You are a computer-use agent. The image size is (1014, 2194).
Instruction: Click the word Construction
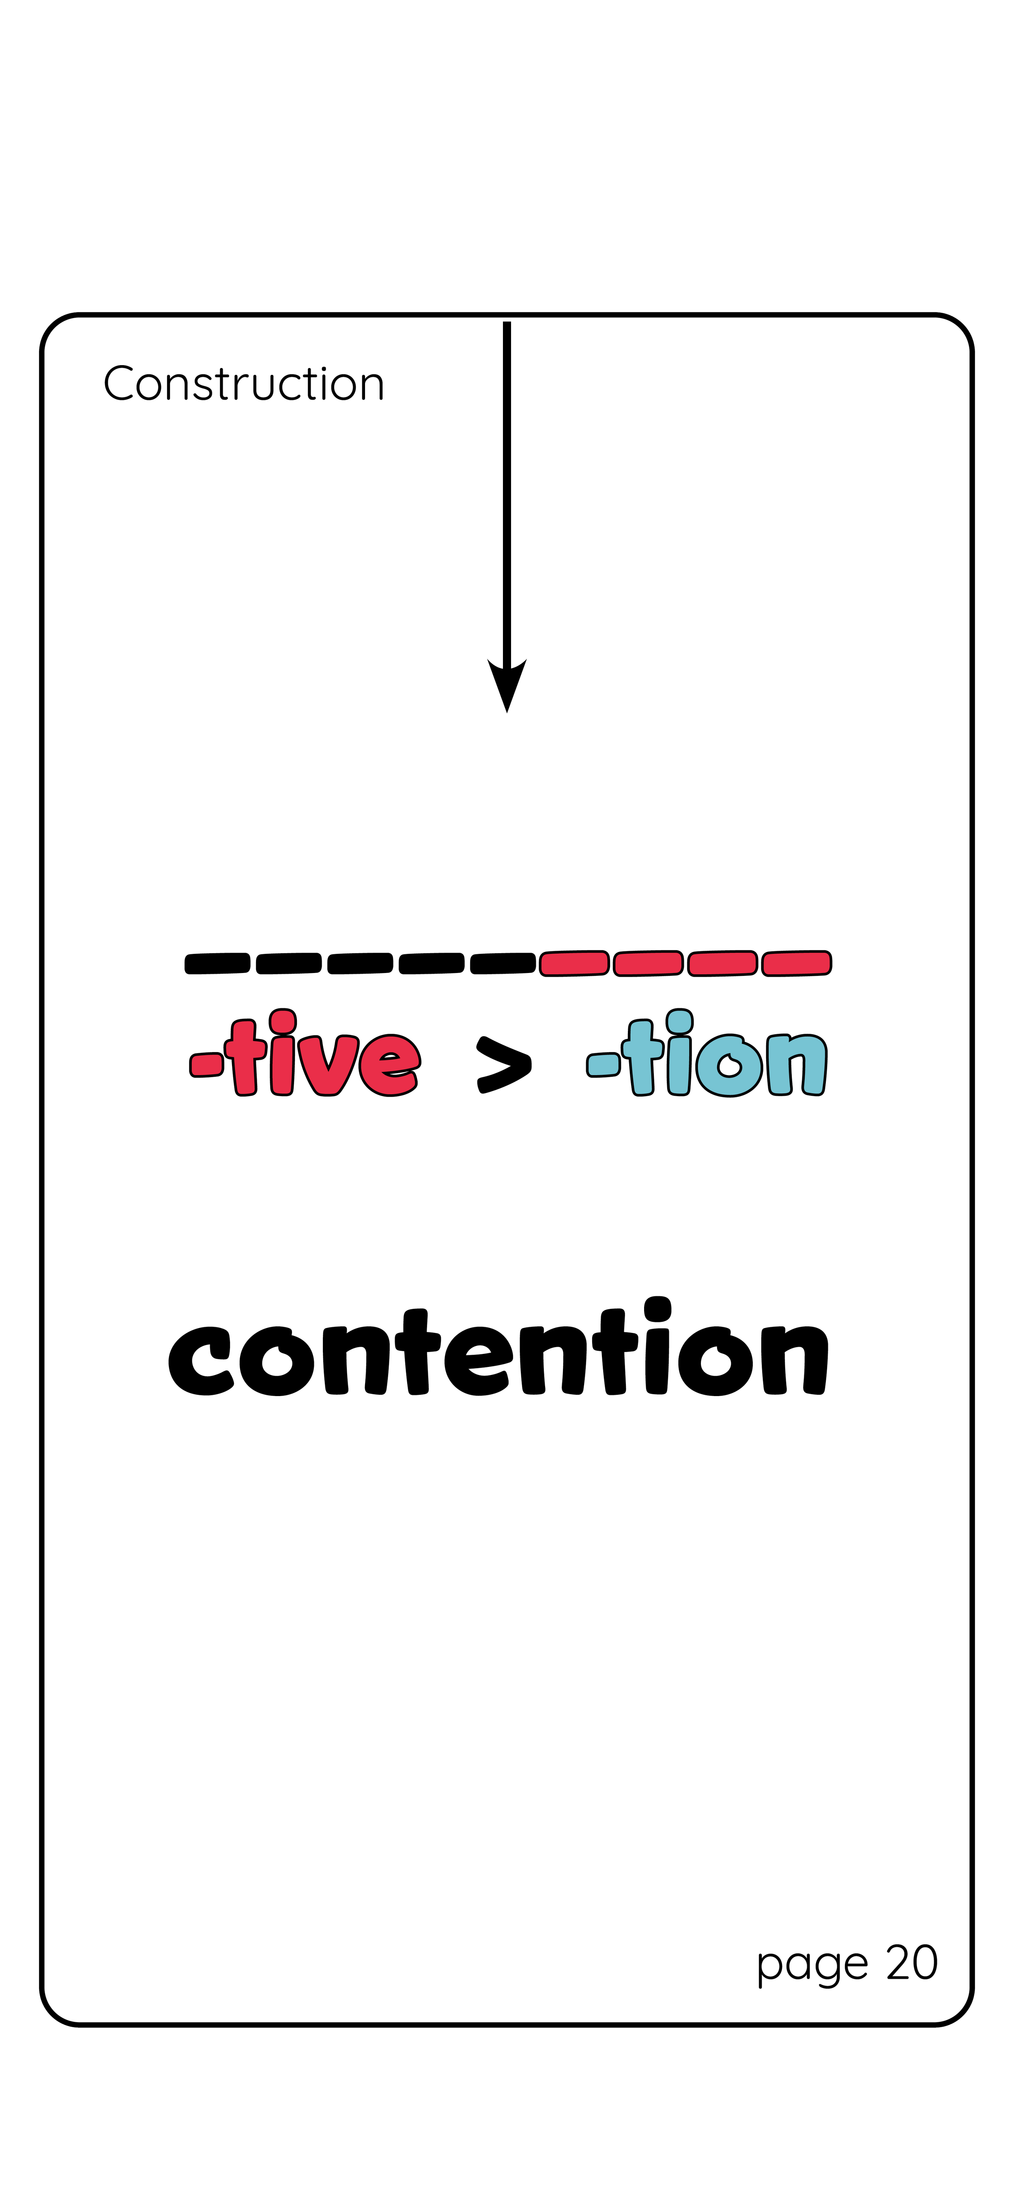tap(244, 384)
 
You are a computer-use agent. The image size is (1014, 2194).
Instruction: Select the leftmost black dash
tap(217, 963)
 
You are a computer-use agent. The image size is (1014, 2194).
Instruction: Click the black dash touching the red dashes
tap(503, 963)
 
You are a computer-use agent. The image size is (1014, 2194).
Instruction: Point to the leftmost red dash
tap(574, 963)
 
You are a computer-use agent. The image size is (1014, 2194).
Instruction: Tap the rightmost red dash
tap(796, 963)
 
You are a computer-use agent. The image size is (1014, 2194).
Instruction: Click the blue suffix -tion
tap(707, 1056)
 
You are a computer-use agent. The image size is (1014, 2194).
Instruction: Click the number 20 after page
tap(912, 1963)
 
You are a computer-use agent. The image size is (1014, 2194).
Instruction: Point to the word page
tap(812, 1966)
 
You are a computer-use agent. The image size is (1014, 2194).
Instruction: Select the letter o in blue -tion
tap(728, 1065)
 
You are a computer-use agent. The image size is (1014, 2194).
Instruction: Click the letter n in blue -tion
tap(797, 1065)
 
